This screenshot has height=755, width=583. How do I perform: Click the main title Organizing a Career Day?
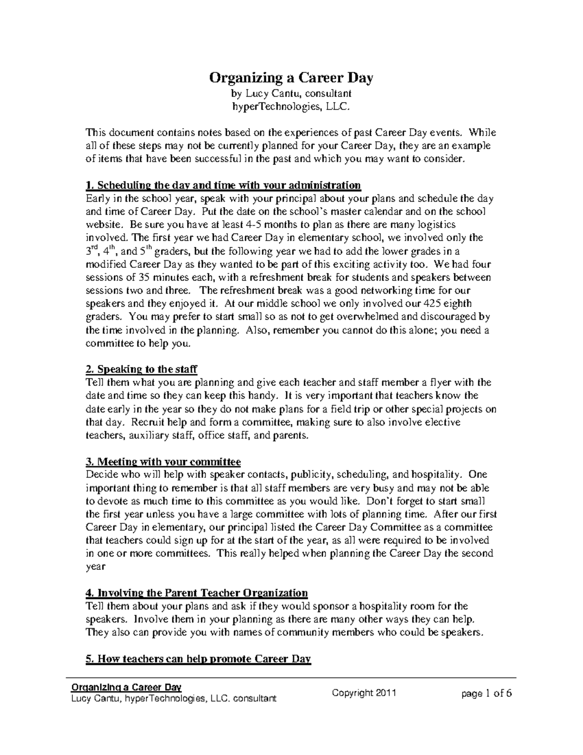291,78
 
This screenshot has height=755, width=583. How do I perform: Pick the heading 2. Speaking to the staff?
141,369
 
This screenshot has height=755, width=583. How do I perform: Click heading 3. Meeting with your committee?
163,461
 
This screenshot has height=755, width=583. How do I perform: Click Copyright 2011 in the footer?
364,693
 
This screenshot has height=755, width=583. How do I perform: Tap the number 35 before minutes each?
144,278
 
